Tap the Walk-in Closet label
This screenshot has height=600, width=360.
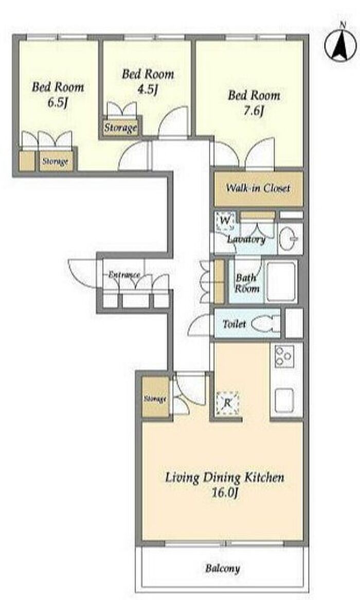(x=258, y=188)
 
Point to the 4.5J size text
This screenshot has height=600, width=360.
(x=147, y=90)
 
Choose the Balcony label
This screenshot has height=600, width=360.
(x=223, y=568)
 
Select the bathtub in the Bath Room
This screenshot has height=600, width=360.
(x=281, y=281)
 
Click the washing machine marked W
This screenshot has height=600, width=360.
(x=225, y=221)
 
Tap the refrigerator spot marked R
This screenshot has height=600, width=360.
(x=227, y=403)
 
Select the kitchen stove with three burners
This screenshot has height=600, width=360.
(x=283, y=356)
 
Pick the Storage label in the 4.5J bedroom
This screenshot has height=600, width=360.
(x=120, y=128)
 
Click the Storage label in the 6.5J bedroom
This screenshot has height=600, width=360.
(x=56, y=161)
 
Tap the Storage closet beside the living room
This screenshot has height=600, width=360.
(x=155, y=398)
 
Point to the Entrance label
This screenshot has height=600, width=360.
(x=124, y=274)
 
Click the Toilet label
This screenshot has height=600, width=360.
(x=234, y=324)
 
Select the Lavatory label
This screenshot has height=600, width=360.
(x=246, y=240)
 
